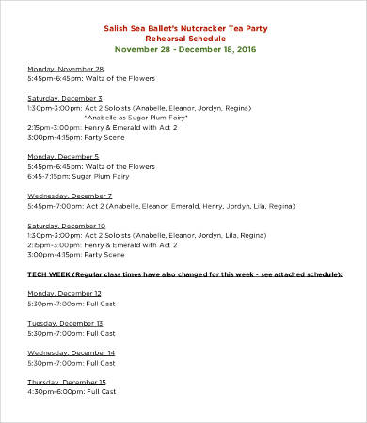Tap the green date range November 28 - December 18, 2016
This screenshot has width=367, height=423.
[x=184, y=50]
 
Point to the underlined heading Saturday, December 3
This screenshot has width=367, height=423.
[x=65, y=97]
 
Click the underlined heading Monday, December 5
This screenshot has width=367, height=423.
[x=64, y=156]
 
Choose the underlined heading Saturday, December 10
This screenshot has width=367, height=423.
[x=66, y=226]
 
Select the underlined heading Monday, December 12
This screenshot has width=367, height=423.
[x=66, y=293]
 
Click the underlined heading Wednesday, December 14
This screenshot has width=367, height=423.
[x=71, y=352]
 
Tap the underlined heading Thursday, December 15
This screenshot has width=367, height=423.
[x=68, y=382]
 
